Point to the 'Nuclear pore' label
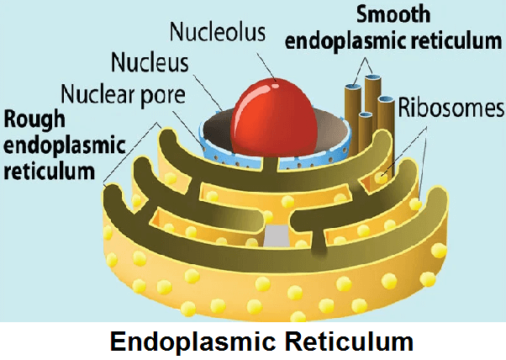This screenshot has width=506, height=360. click(x=124, y=91)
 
